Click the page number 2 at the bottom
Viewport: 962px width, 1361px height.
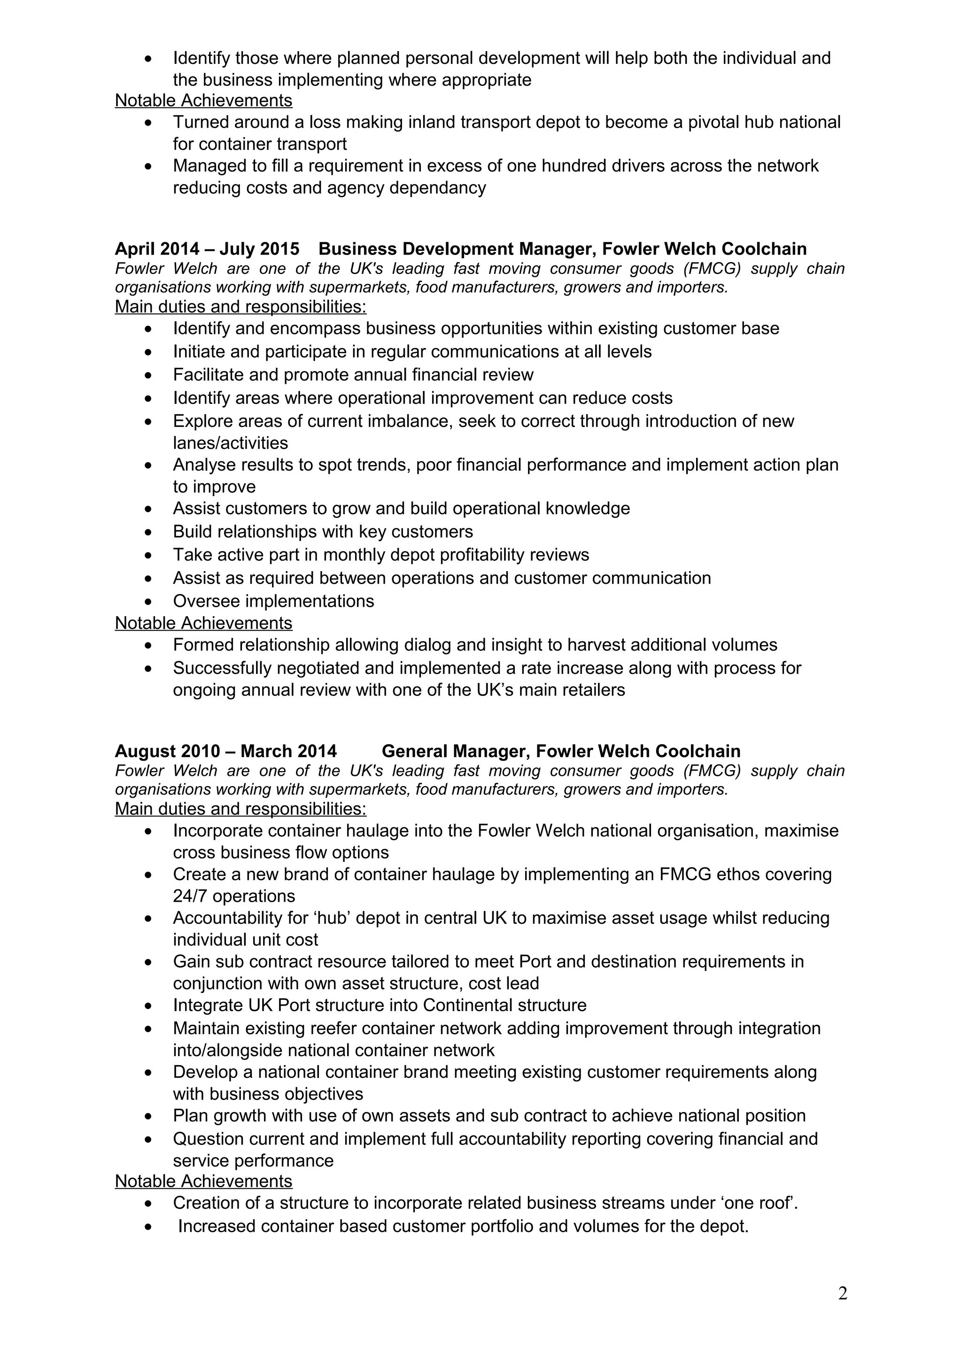(842, 1293)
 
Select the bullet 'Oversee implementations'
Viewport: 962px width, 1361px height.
(273, 601)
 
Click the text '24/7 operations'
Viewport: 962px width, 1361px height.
(233, 896)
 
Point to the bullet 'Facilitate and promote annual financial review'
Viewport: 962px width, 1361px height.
(353, 375)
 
